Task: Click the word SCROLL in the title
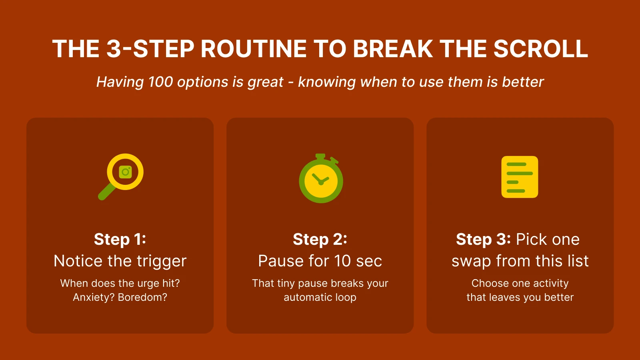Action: [x=540, y=49]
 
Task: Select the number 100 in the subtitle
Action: [x=160, y=82]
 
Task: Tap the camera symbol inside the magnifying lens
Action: [x=125, y=172]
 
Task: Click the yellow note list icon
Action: [x=520, y=177]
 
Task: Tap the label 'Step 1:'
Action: [x=120, y=239]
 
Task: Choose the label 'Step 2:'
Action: [x=320, y=239]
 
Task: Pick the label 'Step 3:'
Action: [x=483, y=239]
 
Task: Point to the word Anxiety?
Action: [x=94, y=297]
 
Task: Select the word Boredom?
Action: [x=143, y=297]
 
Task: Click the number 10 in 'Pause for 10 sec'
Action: [x=343, y=261]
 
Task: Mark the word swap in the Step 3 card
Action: [x=471, y=261]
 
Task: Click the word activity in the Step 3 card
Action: [x=551, y=283]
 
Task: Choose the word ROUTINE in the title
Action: [x=253, y=49]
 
